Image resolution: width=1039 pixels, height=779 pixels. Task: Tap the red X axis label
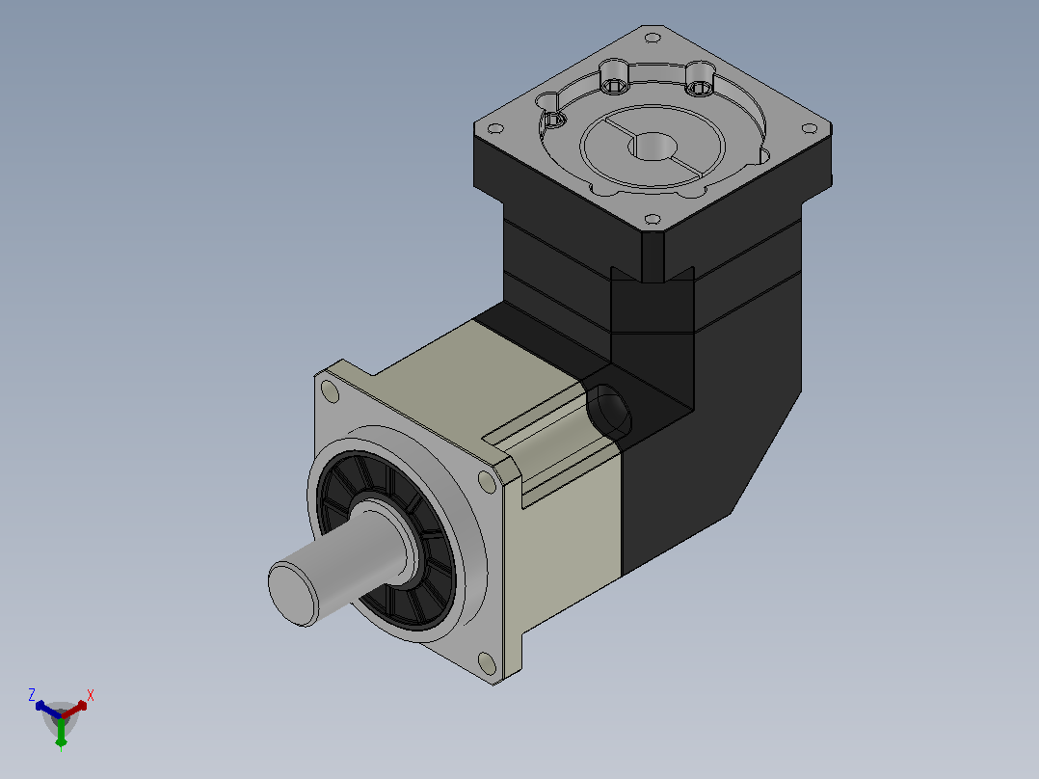pyautogui.click(x=91, y=695)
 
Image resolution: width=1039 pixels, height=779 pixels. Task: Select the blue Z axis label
pyautogui.click(x=31, y=695)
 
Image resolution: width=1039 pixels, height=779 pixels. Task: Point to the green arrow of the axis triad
pyautogui.click(x=61, y=733)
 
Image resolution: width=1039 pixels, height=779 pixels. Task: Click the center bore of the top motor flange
pyautogui.click(x=654, y=146)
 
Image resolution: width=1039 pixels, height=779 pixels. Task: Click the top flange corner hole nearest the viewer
pyautogui.click(x=652, y=219)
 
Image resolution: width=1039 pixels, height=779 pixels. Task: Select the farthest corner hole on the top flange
pyautogui.click(x=652, y=38)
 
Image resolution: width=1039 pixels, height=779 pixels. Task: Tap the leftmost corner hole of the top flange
pyautogui.click(x=494, y=128)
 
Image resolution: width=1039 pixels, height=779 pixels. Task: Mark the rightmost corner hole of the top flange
pyautogui.click(x=809, y=128)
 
